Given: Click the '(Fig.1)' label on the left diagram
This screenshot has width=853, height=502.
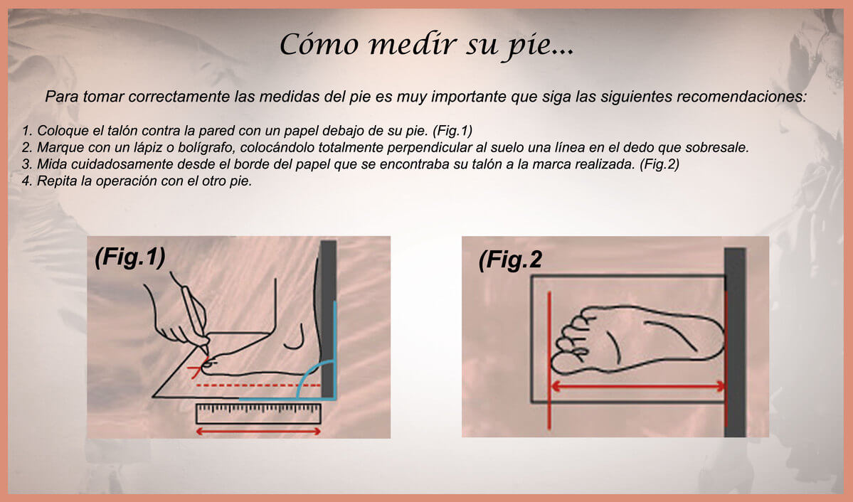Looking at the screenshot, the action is click(130, 257).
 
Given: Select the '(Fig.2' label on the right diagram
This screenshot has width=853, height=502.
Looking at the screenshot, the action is click(510, 260).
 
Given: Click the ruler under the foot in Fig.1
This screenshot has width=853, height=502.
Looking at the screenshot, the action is click(258, 413).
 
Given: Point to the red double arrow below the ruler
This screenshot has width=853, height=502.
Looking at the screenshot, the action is click(258, 432).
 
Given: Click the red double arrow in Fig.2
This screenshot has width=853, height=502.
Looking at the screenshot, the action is click(637, 387).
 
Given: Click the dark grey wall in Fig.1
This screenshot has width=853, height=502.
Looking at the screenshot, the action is click(328, 319).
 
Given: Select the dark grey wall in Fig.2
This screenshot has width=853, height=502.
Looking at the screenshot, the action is click(734, 342).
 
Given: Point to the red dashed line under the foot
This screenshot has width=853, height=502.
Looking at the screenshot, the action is click(259, 385).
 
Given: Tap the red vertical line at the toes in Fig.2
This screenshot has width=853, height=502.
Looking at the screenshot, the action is click(549, 360).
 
